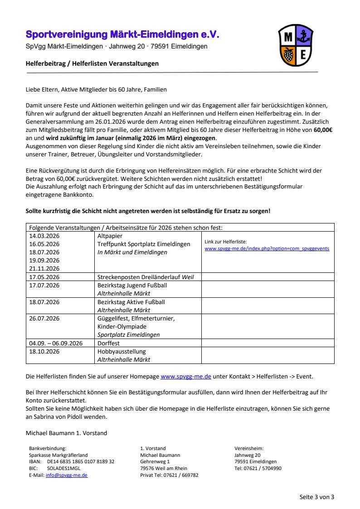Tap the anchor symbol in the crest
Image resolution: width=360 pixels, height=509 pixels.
pos(303,35)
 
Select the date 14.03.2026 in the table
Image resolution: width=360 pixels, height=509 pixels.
pos(44,236)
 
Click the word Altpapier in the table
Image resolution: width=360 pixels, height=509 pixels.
pos(110,236)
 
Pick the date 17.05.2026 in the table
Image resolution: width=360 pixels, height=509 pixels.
pos(44,277)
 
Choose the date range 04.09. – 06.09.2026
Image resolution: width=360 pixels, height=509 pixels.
pos(56,343)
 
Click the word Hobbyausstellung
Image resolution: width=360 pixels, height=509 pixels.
pos(122,351)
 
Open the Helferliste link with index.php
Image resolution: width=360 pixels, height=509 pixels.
pos(267,249)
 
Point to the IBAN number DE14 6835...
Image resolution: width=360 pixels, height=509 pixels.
pos(81,461)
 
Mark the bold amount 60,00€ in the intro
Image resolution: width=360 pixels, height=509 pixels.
pos(324,129)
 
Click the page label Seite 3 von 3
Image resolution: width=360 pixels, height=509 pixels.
pos(317,497)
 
